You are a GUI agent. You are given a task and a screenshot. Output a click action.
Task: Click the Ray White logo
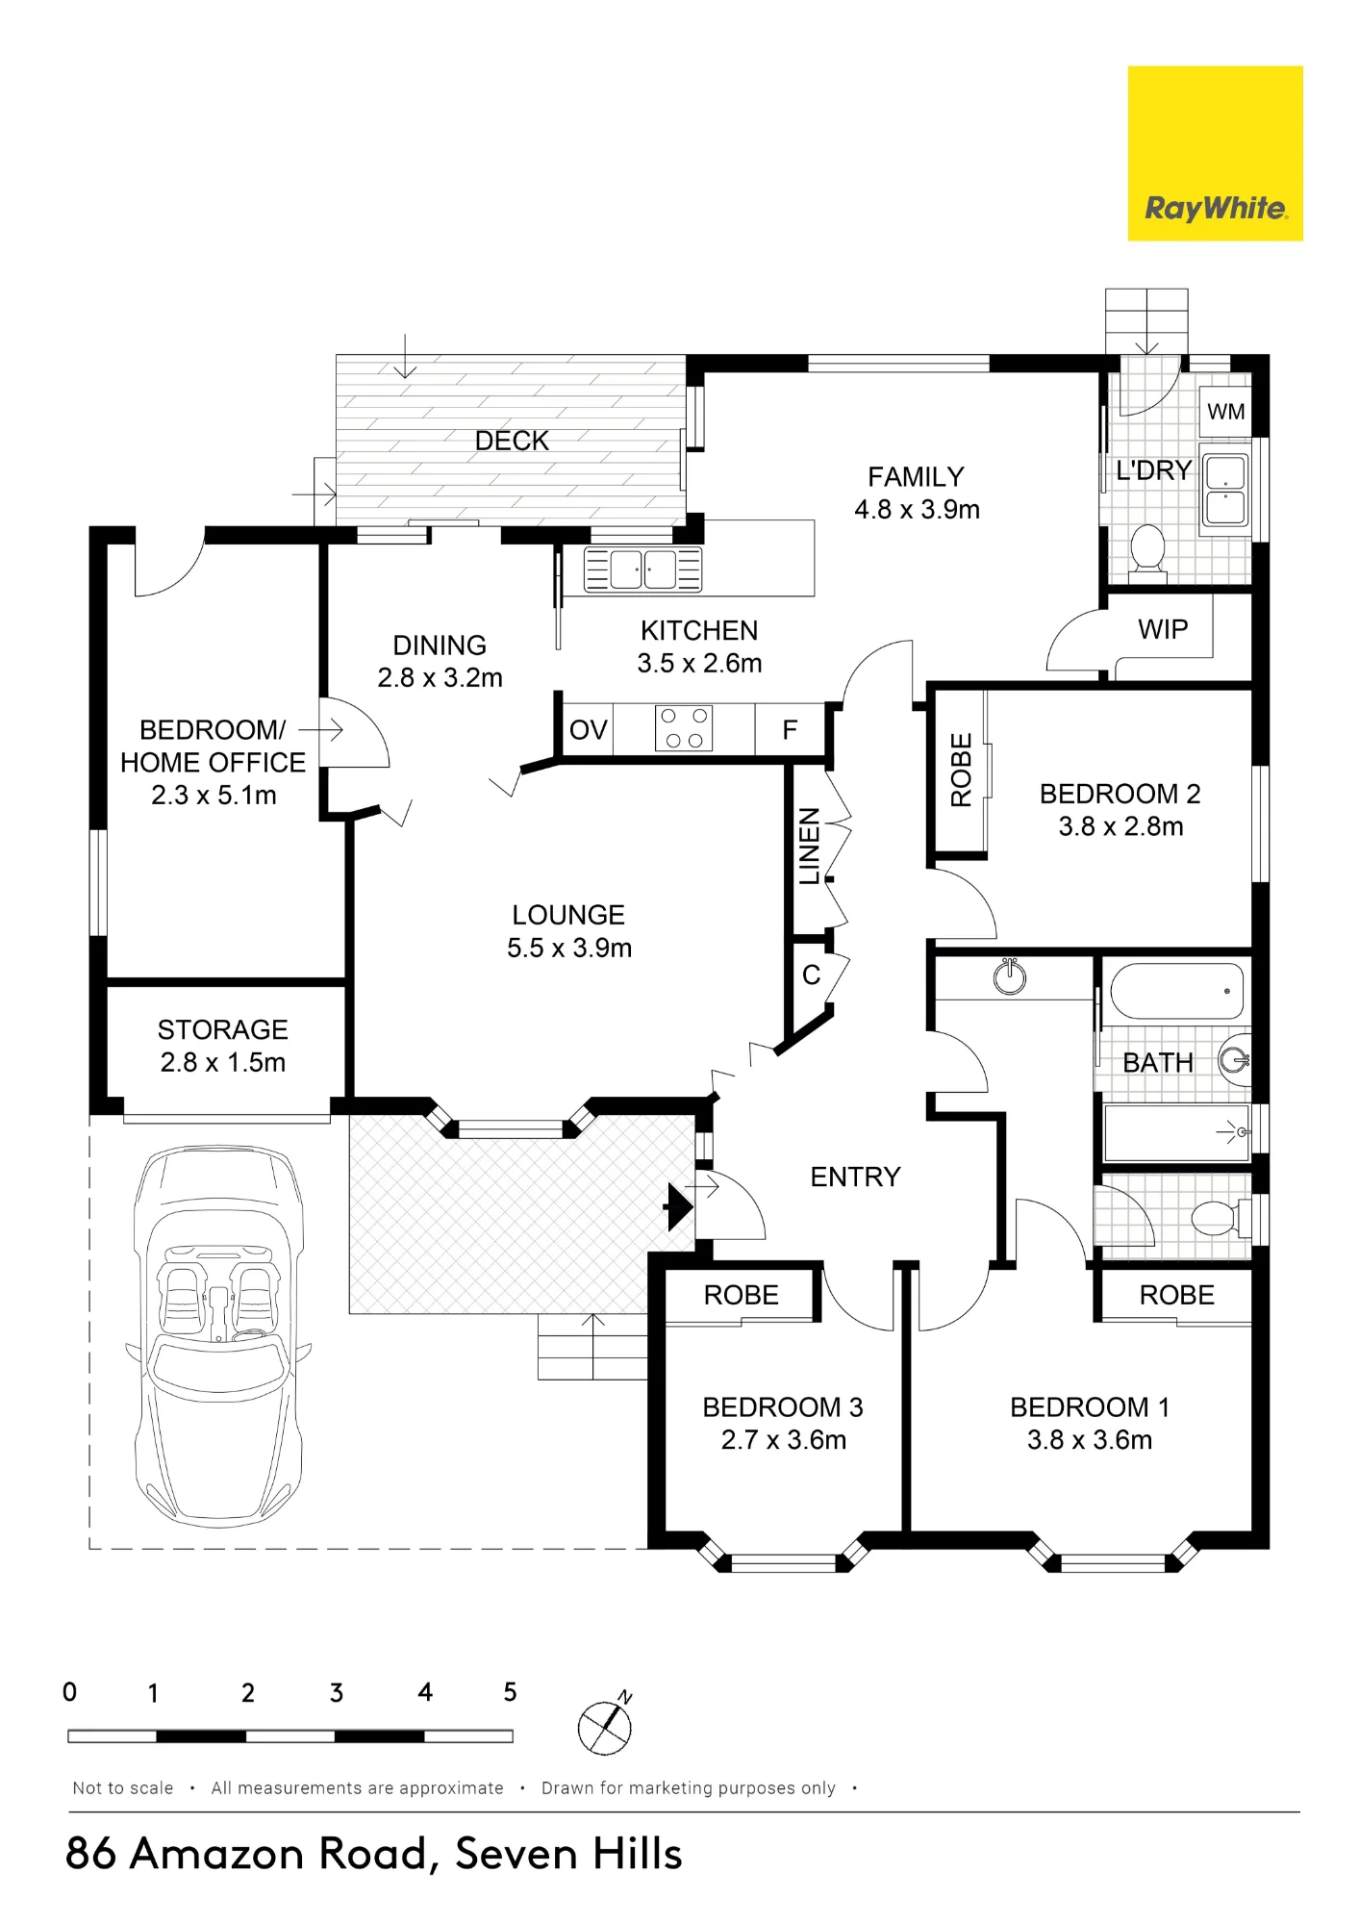[1215, 153]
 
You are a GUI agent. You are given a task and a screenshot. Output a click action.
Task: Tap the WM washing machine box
[1225, 412]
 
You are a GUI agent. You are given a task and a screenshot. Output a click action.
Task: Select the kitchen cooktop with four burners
[684, 728]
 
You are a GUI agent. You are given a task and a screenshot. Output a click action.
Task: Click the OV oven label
[589, 730]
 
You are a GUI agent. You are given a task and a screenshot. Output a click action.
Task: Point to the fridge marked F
[790, 730]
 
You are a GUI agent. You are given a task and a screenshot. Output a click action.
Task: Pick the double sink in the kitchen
[643, 570]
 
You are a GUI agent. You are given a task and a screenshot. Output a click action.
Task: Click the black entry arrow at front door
[679, 1206]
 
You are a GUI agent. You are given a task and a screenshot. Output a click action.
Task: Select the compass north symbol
[605, 1726]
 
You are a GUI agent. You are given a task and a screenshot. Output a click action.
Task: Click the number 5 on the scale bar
[510, 1692]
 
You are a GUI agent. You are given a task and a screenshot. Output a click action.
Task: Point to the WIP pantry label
[1163, 629]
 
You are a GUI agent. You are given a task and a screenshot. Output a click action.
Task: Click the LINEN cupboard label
[810, 846]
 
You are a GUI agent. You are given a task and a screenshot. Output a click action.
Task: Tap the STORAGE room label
[223, 1029]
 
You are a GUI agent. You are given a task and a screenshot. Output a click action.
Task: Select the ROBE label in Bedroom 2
[961, 770]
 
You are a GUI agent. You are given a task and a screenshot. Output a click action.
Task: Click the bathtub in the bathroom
[1176, 991]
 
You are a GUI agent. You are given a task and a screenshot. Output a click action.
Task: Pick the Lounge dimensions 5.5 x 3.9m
[569, 948]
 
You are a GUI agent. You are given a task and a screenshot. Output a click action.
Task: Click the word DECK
[512, 441]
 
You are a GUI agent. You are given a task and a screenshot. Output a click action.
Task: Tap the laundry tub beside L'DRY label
[1224, 491]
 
